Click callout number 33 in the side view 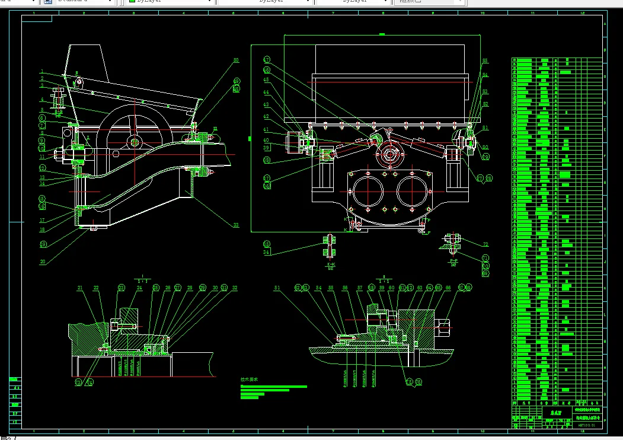(235, 225)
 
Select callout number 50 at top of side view (235, 60)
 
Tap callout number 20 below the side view (42, 262)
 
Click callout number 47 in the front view (267, 59)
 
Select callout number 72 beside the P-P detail (485, 244)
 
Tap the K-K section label (331, 264)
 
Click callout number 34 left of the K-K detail (267, 253)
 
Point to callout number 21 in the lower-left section (79, 288)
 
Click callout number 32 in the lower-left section (235, 288)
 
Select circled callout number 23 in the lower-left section (122, 288)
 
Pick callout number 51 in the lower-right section (276, 288)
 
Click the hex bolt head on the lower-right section (444, 324)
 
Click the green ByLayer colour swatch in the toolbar (132, 2)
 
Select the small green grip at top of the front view (382, 34)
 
